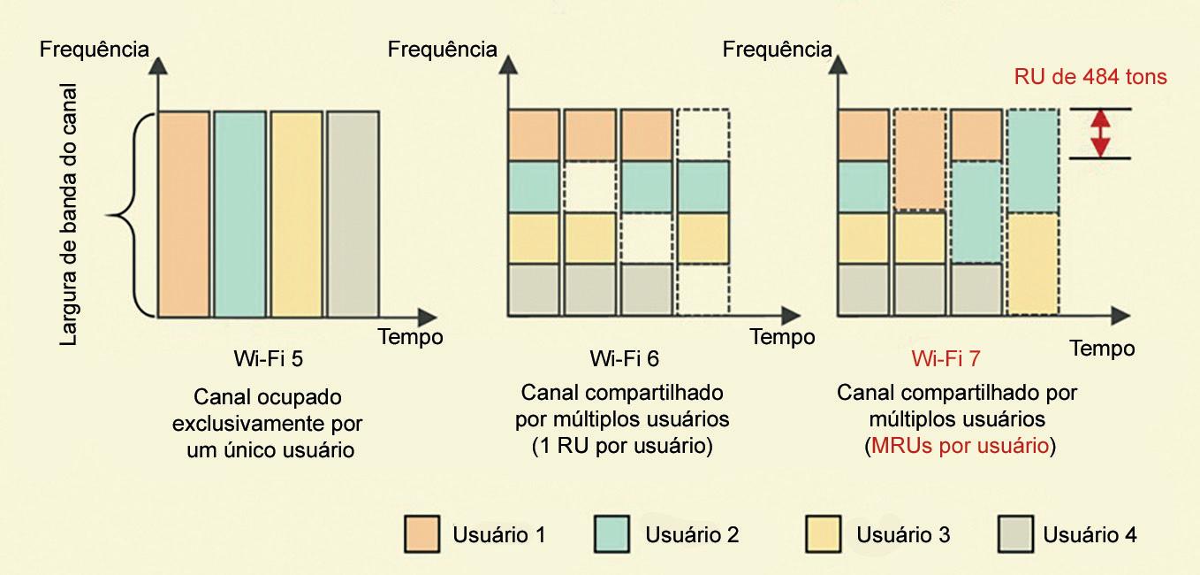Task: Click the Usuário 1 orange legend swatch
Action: point(423,534)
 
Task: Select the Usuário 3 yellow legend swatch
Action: point(824,534)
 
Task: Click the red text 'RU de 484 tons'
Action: point(1103,77)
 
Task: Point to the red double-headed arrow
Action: point(1099,134)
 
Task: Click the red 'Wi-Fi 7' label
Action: point(946,359)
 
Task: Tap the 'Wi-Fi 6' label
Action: point(624,359)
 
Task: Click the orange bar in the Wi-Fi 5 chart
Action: point(184,213)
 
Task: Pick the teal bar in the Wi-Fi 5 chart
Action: point(239,213)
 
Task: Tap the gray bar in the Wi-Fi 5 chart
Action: point(353,213)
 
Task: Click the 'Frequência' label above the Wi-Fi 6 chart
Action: point(443,50)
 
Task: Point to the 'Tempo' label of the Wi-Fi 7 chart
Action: point(1102,349)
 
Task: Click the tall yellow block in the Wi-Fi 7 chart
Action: point(1033,263)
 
